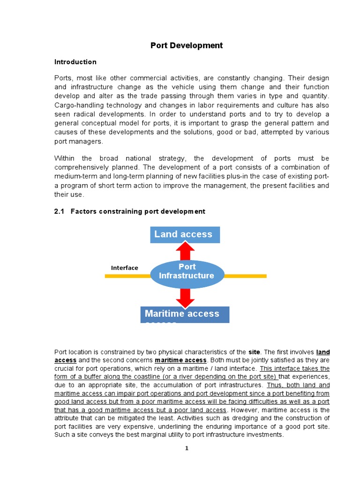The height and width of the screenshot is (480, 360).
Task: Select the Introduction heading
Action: point(75,62)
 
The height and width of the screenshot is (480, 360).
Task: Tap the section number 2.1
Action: point(59,211)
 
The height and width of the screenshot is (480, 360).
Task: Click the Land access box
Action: point(185,234)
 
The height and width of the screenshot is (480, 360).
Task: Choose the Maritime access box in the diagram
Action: point(185,314)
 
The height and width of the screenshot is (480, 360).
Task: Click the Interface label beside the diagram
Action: point(124,268)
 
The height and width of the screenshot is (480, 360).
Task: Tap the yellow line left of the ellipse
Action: point(127,277)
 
